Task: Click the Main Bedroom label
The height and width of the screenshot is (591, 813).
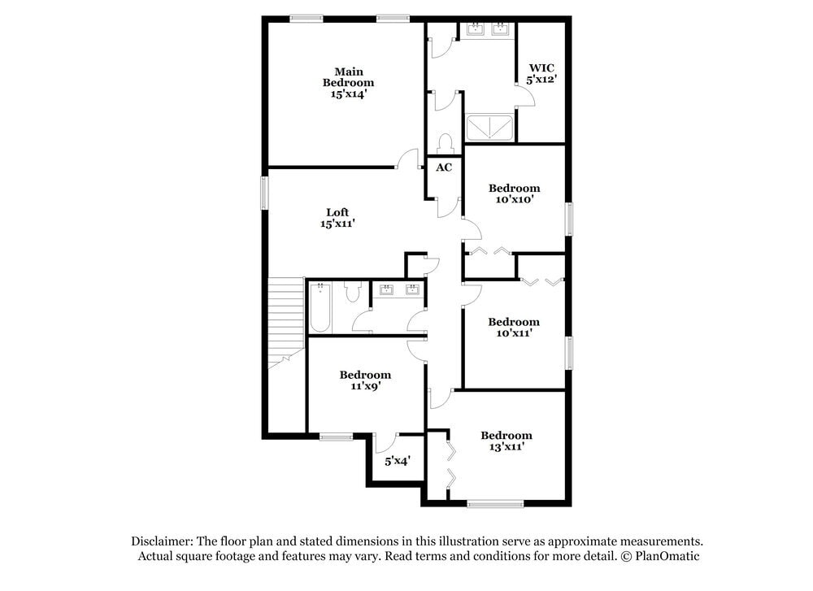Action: tap(349, 77)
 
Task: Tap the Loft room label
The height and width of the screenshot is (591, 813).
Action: tap(337, 212)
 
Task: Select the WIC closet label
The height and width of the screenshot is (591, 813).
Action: tap(541, 68)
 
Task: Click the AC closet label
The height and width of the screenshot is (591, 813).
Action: tap(444, 167)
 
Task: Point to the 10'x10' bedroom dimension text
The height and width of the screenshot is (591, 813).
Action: tap(515, 200)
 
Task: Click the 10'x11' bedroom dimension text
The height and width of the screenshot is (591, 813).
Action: tap(515, 332)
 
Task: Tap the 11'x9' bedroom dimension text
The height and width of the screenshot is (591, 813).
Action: tap(366, 386)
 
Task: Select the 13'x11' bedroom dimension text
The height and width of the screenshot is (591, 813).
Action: tap(506, 447)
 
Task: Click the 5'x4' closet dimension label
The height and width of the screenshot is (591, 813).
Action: tap(398, 460)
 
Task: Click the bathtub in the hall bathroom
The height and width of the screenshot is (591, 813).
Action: tap(320, 307)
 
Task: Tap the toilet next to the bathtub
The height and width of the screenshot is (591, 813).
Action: tap(353, 292)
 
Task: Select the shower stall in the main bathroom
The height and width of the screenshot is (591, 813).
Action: tap(489, 128)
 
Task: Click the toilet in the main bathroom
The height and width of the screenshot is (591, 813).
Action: tap(445, 144)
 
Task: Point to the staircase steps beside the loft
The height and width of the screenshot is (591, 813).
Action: tap(285, 323)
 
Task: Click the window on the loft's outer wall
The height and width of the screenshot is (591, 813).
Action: tap(264, 193)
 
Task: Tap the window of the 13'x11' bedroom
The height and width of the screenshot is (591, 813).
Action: tap(495, 503)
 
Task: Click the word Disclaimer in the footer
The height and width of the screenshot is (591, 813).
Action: tap(163, 541)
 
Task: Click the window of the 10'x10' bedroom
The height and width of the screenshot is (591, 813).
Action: tap(569, 219)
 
